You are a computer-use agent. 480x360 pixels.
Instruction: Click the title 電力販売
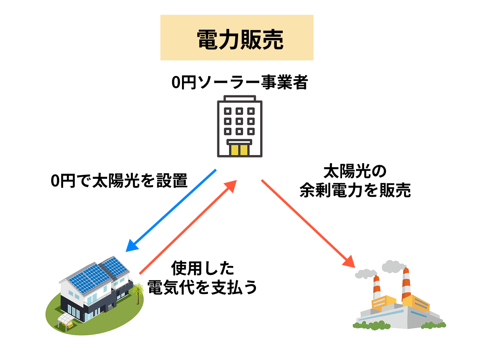237,39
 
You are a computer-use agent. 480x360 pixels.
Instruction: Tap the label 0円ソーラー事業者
239,83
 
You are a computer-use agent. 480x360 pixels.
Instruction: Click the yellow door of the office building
239,150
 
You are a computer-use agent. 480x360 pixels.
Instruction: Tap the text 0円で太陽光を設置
119,181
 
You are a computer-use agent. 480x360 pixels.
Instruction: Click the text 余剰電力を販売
355,191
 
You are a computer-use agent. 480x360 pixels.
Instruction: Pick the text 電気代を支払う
202,287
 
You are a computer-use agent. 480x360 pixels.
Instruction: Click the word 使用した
202,268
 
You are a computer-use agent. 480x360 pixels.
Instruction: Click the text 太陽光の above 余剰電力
355,172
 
